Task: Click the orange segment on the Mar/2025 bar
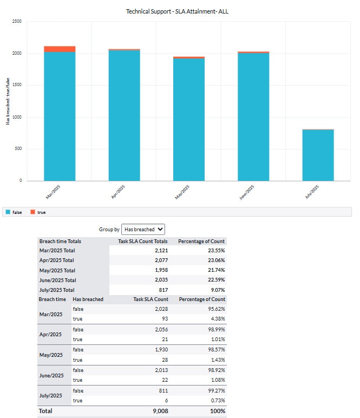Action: coord(60,49)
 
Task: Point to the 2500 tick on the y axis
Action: coord(17,22)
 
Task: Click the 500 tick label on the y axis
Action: coord(18,149)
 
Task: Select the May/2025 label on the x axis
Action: coord(182,192)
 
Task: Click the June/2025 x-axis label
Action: coord(246,192)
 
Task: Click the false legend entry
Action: coord(14,212)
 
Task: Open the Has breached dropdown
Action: coord(143,229)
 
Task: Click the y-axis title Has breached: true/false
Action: coord(8,101)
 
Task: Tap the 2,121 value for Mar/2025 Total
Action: coord(160,251)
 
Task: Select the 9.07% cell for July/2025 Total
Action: coord(217,290)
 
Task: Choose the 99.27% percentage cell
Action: coord(215,390)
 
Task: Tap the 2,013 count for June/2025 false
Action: coord(160,370)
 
